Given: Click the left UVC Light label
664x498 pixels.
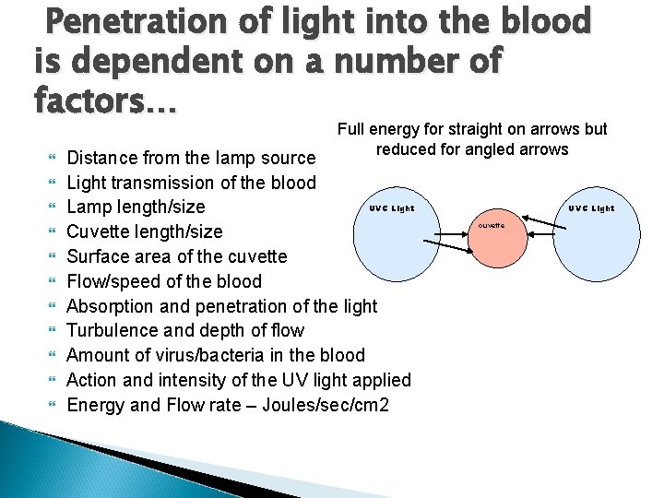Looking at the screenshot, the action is [x=392, y=208].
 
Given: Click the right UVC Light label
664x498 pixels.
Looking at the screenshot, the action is [x=591, y=208].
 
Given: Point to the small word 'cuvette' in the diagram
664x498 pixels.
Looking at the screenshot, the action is [x=491, y=225].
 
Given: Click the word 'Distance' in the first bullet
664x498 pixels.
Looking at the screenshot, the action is [x=104, y=157].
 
